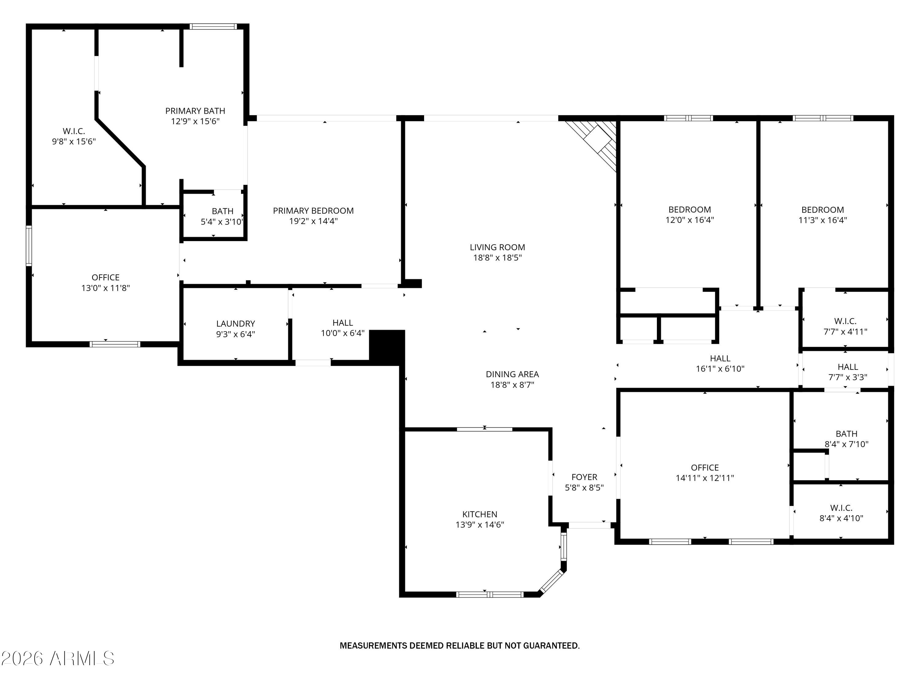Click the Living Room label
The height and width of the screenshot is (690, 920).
(497, 247)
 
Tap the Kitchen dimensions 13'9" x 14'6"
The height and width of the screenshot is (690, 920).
(480, 524)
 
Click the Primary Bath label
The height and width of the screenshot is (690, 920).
(195, 111)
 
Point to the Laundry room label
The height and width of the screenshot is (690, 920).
(236, 324)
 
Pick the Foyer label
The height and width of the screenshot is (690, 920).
(584, 477)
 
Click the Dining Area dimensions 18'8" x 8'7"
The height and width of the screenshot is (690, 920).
(512, 385)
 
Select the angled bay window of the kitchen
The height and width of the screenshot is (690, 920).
(551, 581)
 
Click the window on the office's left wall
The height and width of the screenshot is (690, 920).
(29, 246)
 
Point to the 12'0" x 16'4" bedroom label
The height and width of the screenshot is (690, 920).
(689, 210)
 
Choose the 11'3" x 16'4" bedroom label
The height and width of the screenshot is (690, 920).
(822, 210)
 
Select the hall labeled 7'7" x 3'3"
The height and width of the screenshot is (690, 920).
(847, 367)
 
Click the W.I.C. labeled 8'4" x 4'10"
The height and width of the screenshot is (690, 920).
(841, 508)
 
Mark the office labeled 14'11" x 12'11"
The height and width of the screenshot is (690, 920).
(704, 467)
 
